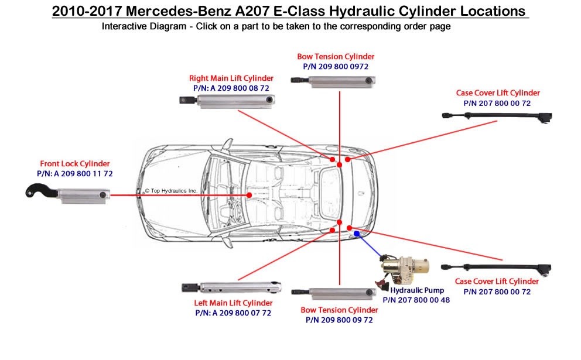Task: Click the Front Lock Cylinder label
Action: click(x=74, y=164)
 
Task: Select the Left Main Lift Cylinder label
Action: click(x=233, y=303)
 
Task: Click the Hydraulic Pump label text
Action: click(x=417, y=290)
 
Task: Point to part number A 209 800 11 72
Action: click(x=74, y=174)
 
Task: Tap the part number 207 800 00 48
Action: click(x=416, y=300)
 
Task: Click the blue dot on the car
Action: click(x=357, y=234)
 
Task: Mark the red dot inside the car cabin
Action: click(x=250, y=195)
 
